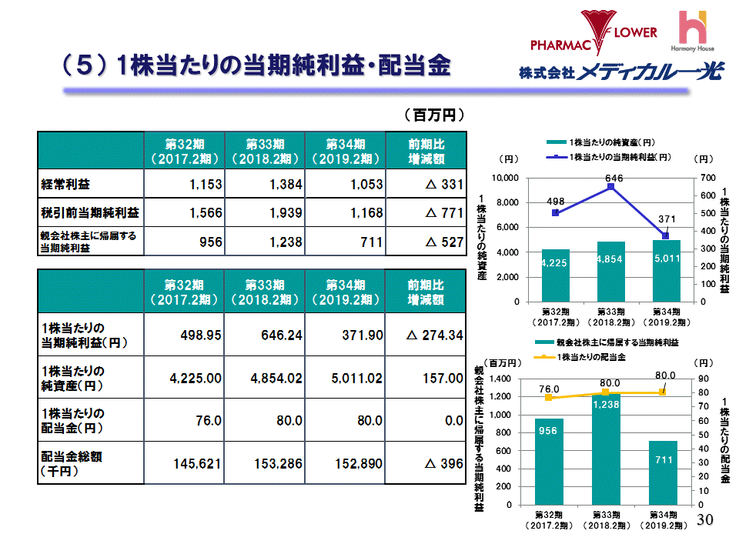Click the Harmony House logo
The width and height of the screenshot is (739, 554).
click(696, 31)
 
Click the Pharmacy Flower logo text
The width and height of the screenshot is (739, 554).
click(594, 33)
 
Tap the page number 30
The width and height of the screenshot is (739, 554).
click(705, 519)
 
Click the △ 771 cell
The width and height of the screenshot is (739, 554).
click(424, 212)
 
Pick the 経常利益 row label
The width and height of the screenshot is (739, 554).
click(65, 185)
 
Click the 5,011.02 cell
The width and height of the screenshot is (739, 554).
click(345, 378)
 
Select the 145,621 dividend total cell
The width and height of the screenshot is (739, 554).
click(183, 464)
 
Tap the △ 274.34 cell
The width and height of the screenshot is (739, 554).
click(424, 335)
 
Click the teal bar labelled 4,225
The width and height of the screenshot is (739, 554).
click(555, 275)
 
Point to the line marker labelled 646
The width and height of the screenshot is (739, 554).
click(610, 187)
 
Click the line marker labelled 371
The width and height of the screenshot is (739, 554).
click(665, 236)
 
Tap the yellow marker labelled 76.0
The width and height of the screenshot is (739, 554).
click(549, 397)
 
